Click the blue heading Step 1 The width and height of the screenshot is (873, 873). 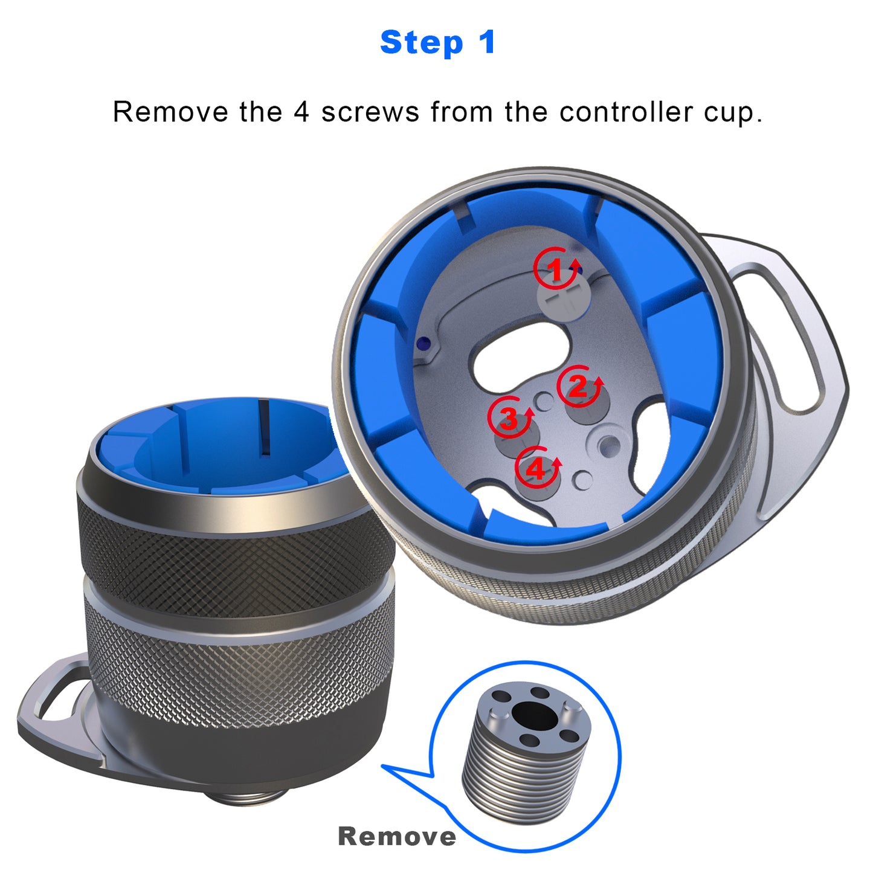click(437, 42)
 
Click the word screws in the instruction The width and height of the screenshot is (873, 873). click(370, 112)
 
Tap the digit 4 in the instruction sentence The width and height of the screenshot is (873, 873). click(301, 112)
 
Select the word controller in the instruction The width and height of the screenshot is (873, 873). click(626, 112)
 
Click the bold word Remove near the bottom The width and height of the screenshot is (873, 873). click(397, 837)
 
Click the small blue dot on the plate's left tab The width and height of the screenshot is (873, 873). click(423, 343)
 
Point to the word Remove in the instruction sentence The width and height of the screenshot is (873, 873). click(171, 112)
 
